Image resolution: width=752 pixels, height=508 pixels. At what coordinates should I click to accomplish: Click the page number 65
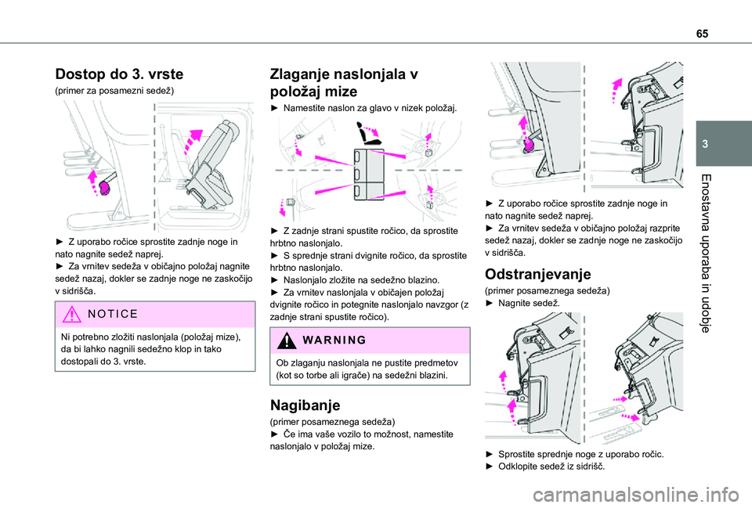coord(702,34)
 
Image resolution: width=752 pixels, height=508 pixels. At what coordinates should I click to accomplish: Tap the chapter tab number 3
coord(705,144)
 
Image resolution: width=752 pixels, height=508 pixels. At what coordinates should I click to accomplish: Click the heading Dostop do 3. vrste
coord(119,74)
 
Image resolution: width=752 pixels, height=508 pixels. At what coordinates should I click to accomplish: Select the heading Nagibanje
coord(305,405)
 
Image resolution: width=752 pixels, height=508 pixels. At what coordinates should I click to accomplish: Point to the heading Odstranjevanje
coord(537,274)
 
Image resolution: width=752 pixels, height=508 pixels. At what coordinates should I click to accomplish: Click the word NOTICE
coord(113,314)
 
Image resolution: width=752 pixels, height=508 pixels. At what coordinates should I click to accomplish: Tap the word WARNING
coord(334,340)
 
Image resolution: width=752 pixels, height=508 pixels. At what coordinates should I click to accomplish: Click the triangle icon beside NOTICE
coord(71,315)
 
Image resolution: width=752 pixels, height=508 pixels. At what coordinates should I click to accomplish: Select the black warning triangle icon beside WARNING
coord(287,340)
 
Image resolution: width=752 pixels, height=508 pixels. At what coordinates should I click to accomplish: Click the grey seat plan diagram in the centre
coord(369,174)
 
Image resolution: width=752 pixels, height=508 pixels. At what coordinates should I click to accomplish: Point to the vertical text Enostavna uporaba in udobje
coord(705,254)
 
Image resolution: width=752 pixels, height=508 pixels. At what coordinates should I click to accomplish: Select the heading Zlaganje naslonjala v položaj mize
coord(344,82)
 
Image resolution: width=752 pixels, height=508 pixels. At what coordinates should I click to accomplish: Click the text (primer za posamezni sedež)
coord(114,91)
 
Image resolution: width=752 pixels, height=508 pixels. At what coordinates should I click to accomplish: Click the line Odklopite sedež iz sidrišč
coord(545,467)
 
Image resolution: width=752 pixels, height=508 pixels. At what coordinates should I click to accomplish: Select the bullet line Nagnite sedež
coord(522,303)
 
